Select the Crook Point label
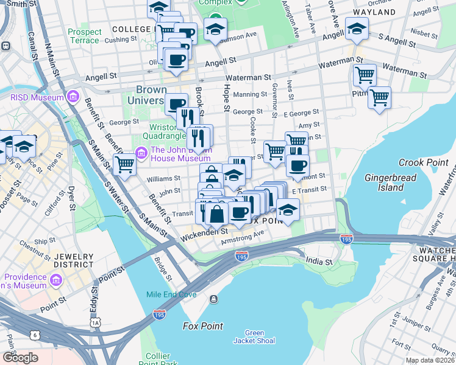pos(419,162)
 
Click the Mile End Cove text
pos(171,295)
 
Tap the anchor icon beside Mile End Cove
pos(214,299)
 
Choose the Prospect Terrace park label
pos(84,36)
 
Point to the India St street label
pos(318,261)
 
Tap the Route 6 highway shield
pos(35,335)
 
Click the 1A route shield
pos(94,322)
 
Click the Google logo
pos(20,358)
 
